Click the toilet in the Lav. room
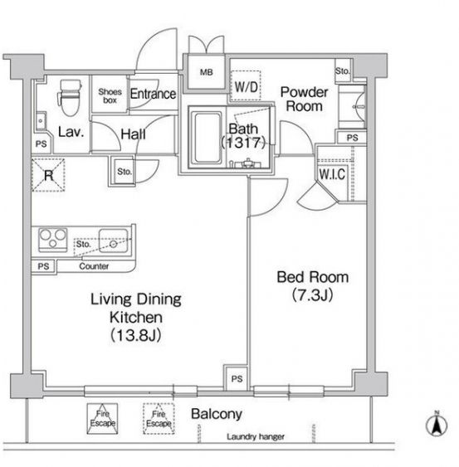coord(70,97)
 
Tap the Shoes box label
coord(110,96)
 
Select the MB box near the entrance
coord(206,72)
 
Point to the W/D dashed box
coord(246,85)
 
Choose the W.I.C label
coord(332,174)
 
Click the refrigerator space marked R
coord(48,175)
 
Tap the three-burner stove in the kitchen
coord(53,240)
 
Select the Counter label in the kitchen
coord(94,266)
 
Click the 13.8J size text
coord(136,336)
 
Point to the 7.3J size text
coord(312,295)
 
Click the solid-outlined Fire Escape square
coord(102,418)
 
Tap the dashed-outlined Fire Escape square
coord(159,418)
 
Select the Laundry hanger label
coord(256,436)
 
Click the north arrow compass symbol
coord(437,424)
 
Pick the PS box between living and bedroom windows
coord(237,378)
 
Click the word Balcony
coord(217,414)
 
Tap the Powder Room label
coord(305,100)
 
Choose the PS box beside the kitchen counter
coord(43,266)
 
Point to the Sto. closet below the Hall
coord(124,172)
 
